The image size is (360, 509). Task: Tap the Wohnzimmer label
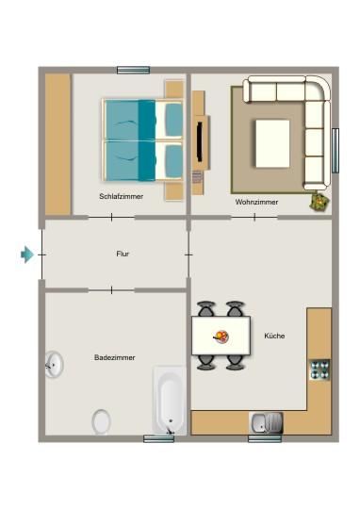click(x=256, y=202)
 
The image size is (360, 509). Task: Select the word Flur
click(x=123, y=254)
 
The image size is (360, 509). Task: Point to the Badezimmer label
click(x=115, y=357)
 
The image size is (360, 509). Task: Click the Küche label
click(x=274, y=336)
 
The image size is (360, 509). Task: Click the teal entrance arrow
click(x=27, y=254)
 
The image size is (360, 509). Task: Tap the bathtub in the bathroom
click(x=170, y=400)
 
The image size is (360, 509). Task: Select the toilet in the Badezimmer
click(x=101, y=420)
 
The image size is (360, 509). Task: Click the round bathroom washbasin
click(x=55, y=364)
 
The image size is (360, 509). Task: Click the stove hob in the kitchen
click(x=319, y=369)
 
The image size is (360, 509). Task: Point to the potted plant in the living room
click(x=319, y=200)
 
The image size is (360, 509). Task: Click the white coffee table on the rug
click(x=273, y=141)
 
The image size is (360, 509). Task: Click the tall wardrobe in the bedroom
click(x=58, y=143)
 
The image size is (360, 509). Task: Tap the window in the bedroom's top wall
click(x=133, y=70)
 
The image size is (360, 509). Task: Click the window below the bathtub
click(x=158, y=438)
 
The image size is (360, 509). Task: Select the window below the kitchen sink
click(x=264, y=438)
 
